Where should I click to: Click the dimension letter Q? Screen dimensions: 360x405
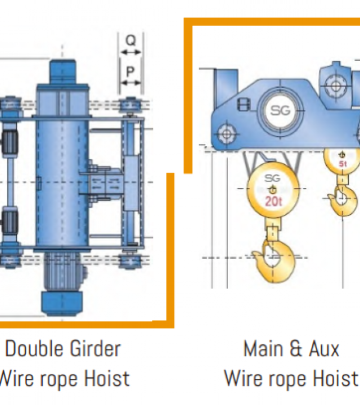131,40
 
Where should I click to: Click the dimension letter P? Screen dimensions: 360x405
130,71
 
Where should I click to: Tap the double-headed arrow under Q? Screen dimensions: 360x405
131,52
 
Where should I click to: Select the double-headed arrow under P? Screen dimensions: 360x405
131,83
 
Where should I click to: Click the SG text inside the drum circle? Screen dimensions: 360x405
280,111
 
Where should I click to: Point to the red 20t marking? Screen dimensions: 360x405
273,201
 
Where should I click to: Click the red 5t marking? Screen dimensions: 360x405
343,164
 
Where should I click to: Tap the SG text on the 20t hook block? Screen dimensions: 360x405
272,178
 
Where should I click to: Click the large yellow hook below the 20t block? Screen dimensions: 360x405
274,261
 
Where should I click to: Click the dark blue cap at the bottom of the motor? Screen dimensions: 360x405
62,304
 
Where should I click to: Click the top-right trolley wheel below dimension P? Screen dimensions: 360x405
131,105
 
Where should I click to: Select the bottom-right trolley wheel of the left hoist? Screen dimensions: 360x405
131,261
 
